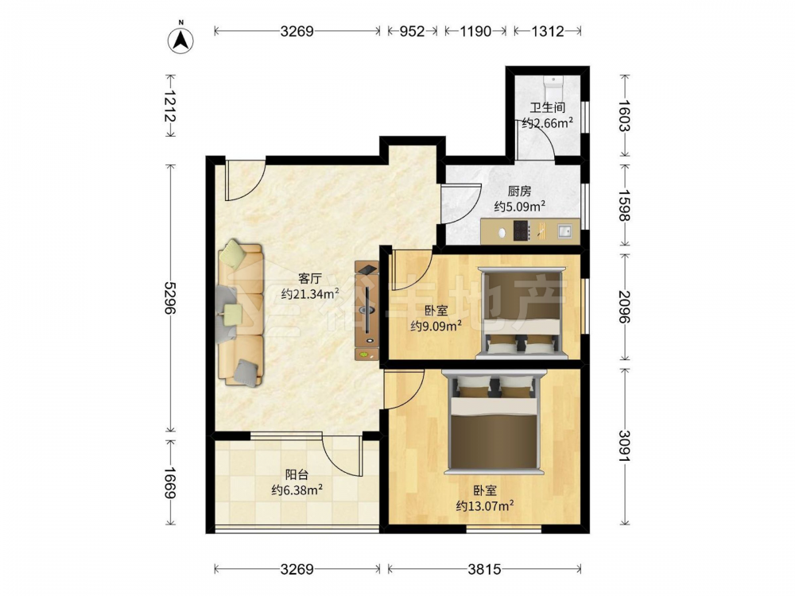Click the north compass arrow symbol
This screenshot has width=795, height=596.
tap(180, 38)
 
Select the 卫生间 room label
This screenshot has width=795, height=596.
tap(548, 107)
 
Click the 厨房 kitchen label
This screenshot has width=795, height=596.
tap(520, 191)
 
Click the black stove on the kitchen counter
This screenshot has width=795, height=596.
tap(522, 231)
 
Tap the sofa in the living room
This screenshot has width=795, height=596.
tap(242, 313)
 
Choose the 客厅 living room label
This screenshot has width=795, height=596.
tap(310, 278)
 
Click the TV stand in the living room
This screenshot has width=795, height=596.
tap(366, 310)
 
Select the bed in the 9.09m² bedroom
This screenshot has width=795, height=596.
tap(522, 312)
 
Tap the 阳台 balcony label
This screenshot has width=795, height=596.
tap(297, 475)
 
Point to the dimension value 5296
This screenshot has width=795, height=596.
tap(169, 298)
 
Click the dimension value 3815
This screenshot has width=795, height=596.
tap(484, 569)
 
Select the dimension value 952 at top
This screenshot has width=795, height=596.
tap(412, 32)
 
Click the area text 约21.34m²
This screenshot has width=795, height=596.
tap(310, 293)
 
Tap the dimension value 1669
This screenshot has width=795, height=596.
tap(169, 482)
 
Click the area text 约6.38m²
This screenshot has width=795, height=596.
tap(297, 490)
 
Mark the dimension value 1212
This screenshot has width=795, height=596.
tap(169, 106)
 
